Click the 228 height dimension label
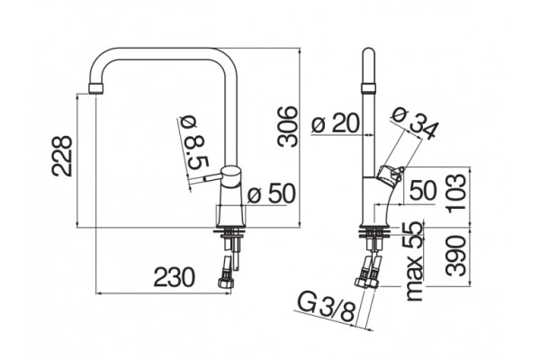point(62,156)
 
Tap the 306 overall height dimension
point(287,127)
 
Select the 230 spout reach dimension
point(174,278)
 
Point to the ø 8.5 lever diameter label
point(195,142)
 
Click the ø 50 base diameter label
point(272,193)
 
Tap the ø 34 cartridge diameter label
point(416,123)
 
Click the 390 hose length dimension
point(455,256)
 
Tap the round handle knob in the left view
point(230,176)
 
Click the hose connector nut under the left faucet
point(226,282)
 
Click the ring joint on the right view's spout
point(368,88)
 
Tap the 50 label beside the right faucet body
point(423,191)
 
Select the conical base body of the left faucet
point(230,207)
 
